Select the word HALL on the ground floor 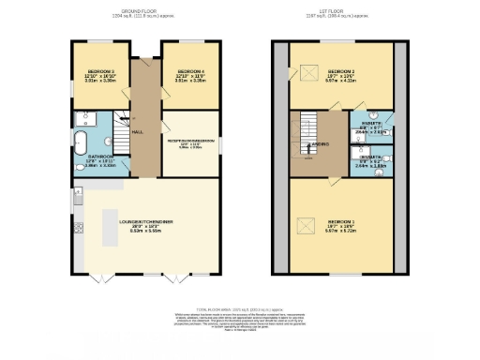138,132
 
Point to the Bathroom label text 99,157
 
